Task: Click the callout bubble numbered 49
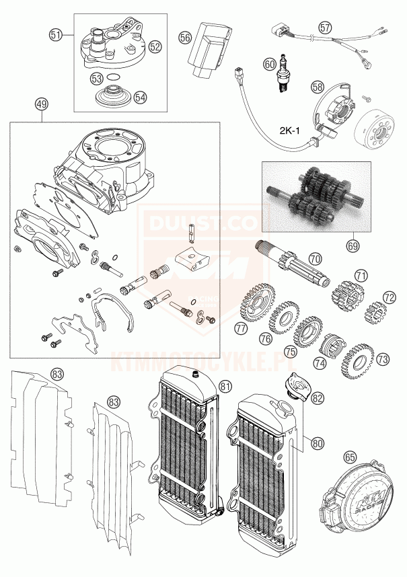[42, 105]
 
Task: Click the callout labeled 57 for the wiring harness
[326, 28]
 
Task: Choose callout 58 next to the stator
[318, 87]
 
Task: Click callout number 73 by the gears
[383, 359]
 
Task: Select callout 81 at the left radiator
[224, 386]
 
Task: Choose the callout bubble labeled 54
[139, 97]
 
